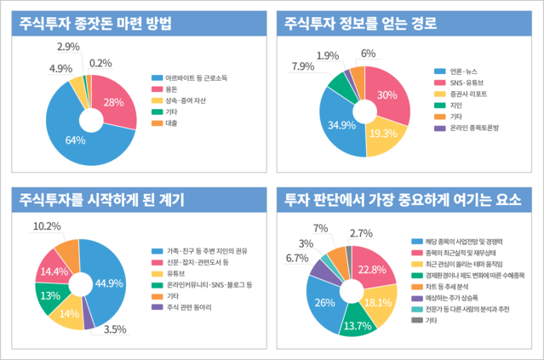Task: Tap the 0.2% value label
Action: (100, 63)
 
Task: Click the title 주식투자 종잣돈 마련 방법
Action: (99, 23)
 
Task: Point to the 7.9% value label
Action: (303, 66)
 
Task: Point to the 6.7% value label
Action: (297, 258)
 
